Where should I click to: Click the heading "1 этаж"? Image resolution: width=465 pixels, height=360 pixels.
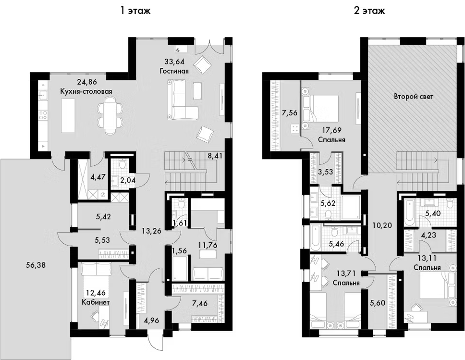click(135, 11)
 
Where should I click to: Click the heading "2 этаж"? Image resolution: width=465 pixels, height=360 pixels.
click(370, 11)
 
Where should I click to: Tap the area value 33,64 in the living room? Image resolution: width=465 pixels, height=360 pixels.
click(174, 62)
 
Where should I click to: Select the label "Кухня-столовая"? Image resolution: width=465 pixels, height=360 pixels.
click(86, 91)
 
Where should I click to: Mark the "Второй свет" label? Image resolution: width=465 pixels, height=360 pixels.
click(413, 97)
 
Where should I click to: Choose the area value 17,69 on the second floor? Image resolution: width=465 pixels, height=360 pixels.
click(330, 130)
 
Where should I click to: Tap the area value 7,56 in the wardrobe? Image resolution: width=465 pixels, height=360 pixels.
click(289, 113)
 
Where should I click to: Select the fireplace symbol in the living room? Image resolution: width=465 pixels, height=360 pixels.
click(178, 49)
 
